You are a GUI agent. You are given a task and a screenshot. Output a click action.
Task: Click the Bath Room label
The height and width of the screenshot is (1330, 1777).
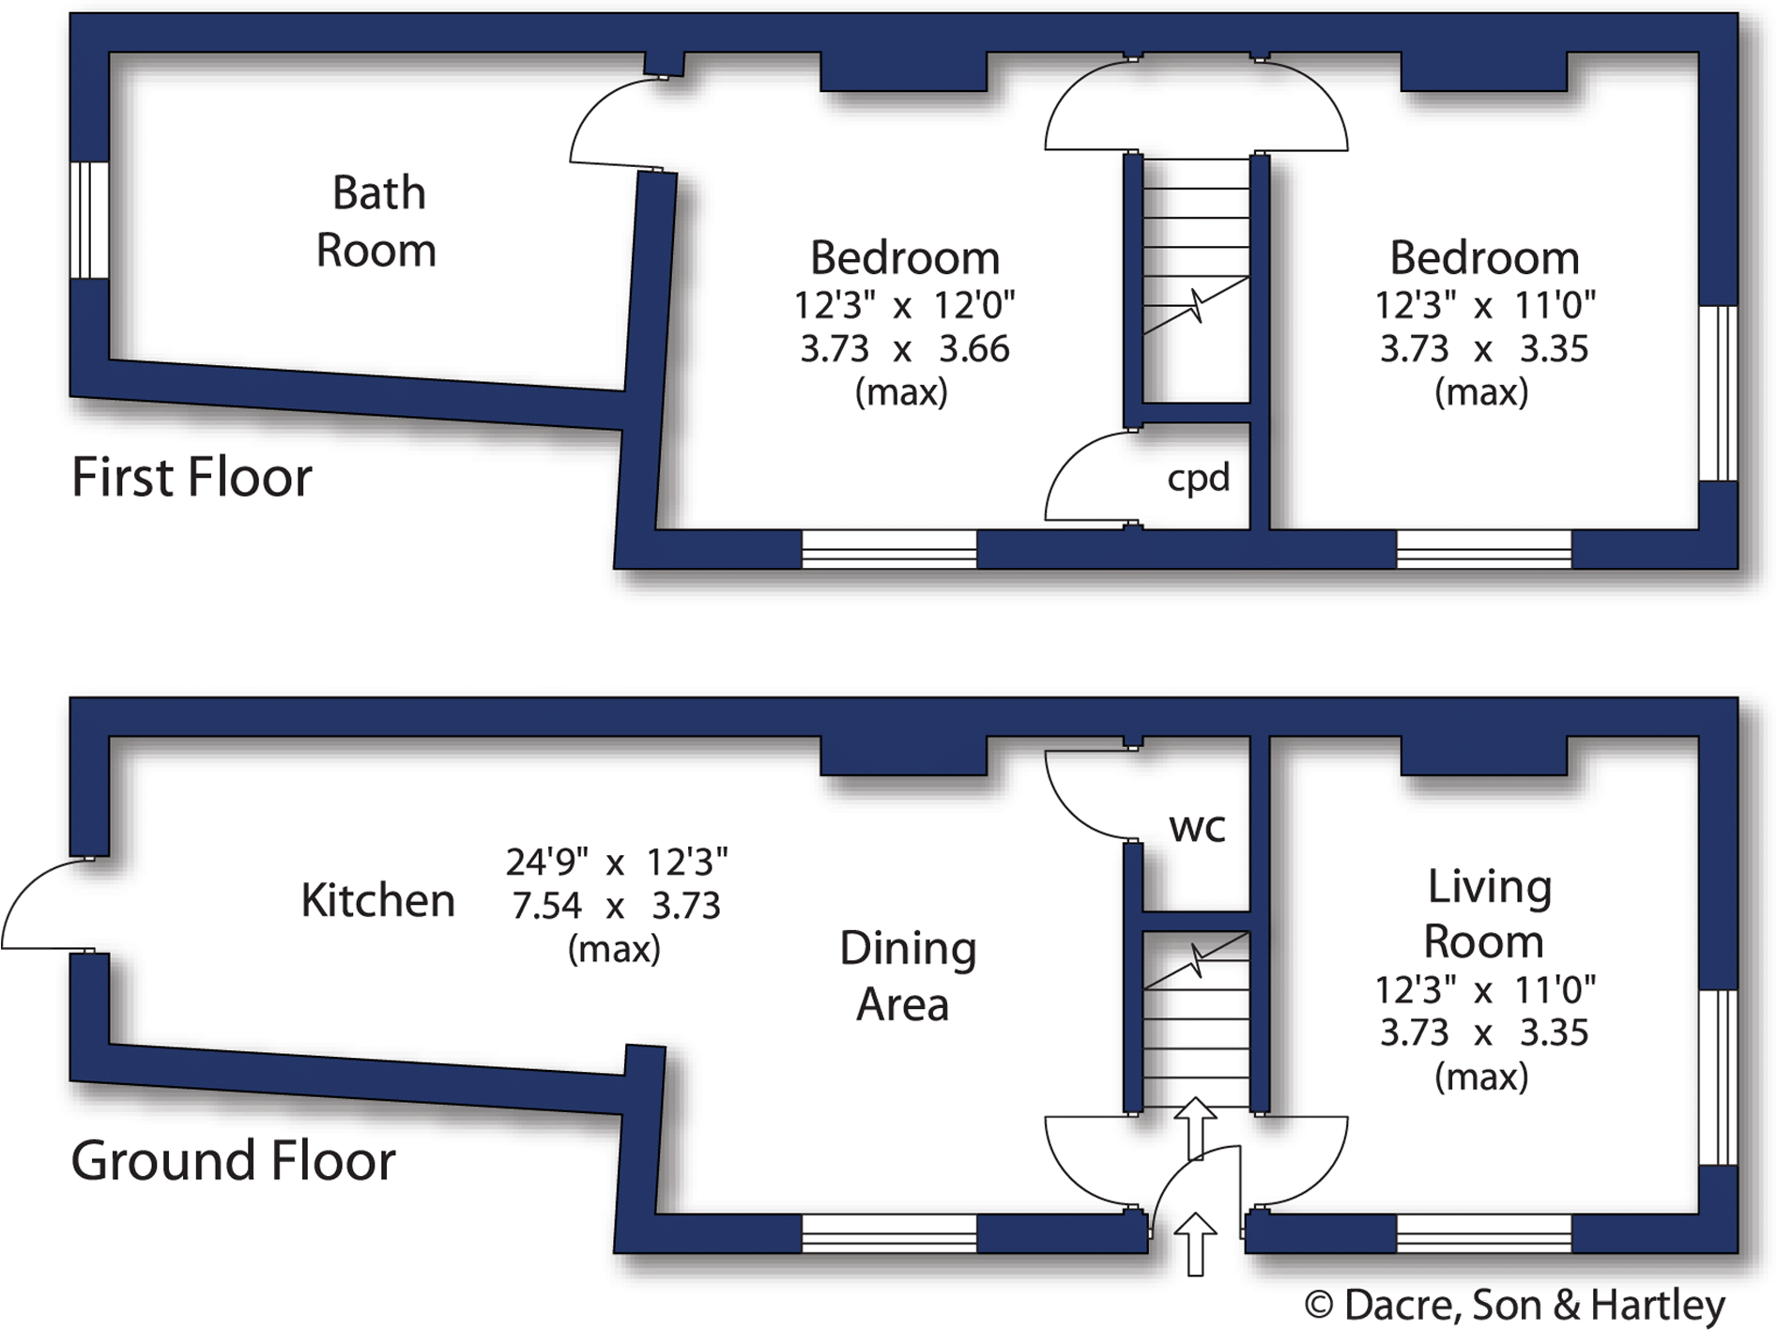(x=377, y=222)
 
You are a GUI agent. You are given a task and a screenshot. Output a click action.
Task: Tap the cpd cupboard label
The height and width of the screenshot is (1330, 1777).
(x=1198, y=478)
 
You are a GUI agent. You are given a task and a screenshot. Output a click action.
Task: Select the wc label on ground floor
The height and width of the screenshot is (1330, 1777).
(x=1197, y=828)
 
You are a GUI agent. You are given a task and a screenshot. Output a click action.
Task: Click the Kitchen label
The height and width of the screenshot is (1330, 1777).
(x=377, y=900)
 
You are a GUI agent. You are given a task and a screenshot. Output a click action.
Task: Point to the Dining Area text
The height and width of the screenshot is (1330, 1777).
(x=906, y=976)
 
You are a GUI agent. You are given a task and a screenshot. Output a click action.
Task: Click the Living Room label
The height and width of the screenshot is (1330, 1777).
(x=1486, y=913)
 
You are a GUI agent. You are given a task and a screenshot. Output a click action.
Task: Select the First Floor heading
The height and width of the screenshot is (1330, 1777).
(x=191, y=477)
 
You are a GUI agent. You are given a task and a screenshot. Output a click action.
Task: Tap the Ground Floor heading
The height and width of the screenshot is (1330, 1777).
(x=233, y=1161)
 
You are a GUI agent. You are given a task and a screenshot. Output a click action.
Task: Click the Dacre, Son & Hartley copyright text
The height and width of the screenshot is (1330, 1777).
(x=1514, y=1305)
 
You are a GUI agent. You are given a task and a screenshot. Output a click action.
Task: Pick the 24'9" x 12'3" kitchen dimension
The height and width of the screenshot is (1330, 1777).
(x=617, y=861)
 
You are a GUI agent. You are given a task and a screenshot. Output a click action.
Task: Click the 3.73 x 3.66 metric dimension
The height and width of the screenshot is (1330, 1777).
(x=904, y=349)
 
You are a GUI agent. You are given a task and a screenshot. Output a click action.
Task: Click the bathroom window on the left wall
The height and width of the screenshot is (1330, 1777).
(x=90, y=220)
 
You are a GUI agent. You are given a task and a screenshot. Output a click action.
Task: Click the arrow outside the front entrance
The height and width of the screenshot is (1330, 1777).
(x=1195, y=1243)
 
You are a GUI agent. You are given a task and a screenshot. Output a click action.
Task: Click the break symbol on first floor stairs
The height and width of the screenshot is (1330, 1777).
(x=1197, y=305)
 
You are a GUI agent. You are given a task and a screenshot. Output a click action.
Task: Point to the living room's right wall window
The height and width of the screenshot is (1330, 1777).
(x=1718, y=1077)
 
